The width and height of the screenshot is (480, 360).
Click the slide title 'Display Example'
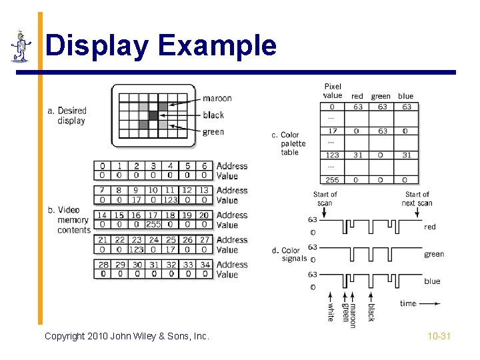pyautogui.click(x=161, y=46)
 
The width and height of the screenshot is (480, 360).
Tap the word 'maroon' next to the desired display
pyautogui.click(x=217, y=98)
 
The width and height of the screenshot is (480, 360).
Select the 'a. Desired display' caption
pyautogui.click(x=67, y=115)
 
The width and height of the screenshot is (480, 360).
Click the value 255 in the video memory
pyautogui.click(x=153, y=225)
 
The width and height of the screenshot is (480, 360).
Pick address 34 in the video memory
pyautogui.click(x=204, y=265)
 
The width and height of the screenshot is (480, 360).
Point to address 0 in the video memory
pyautogui.click(x=102, y=166)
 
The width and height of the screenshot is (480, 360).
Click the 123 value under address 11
pyautogui.click(x=170, y=200)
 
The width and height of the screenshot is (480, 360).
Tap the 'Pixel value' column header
pyautogui.click(x=333, y=91)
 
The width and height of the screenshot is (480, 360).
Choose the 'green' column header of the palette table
pyautogui.click(x=381, y=97)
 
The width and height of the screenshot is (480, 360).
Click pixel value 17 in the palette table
pyautogui.click(x=332, y=131)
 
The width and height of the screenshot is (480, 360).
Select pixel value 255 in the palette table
pyautogui.click(x=332, y=179)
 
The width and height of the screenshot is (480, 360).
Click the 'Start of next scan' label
pyautogui.click(x=417, y=199)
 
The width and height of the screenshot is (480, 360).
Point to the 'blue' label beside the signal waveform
pyautogui.click(x=432, y=281)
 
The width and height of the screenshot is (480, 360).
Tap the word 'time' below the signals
pyautogui.click(x=408, y=303)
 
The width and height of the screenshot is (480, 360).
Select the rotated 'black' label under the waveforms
pyautogui.click(x=371, y=311)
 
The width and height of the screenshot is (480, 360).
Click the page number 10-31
pyautogui.click(x=439, y=336)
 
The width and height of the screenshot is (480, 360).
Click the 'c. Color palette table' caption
pyautogui.click(x=289, y=143)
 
